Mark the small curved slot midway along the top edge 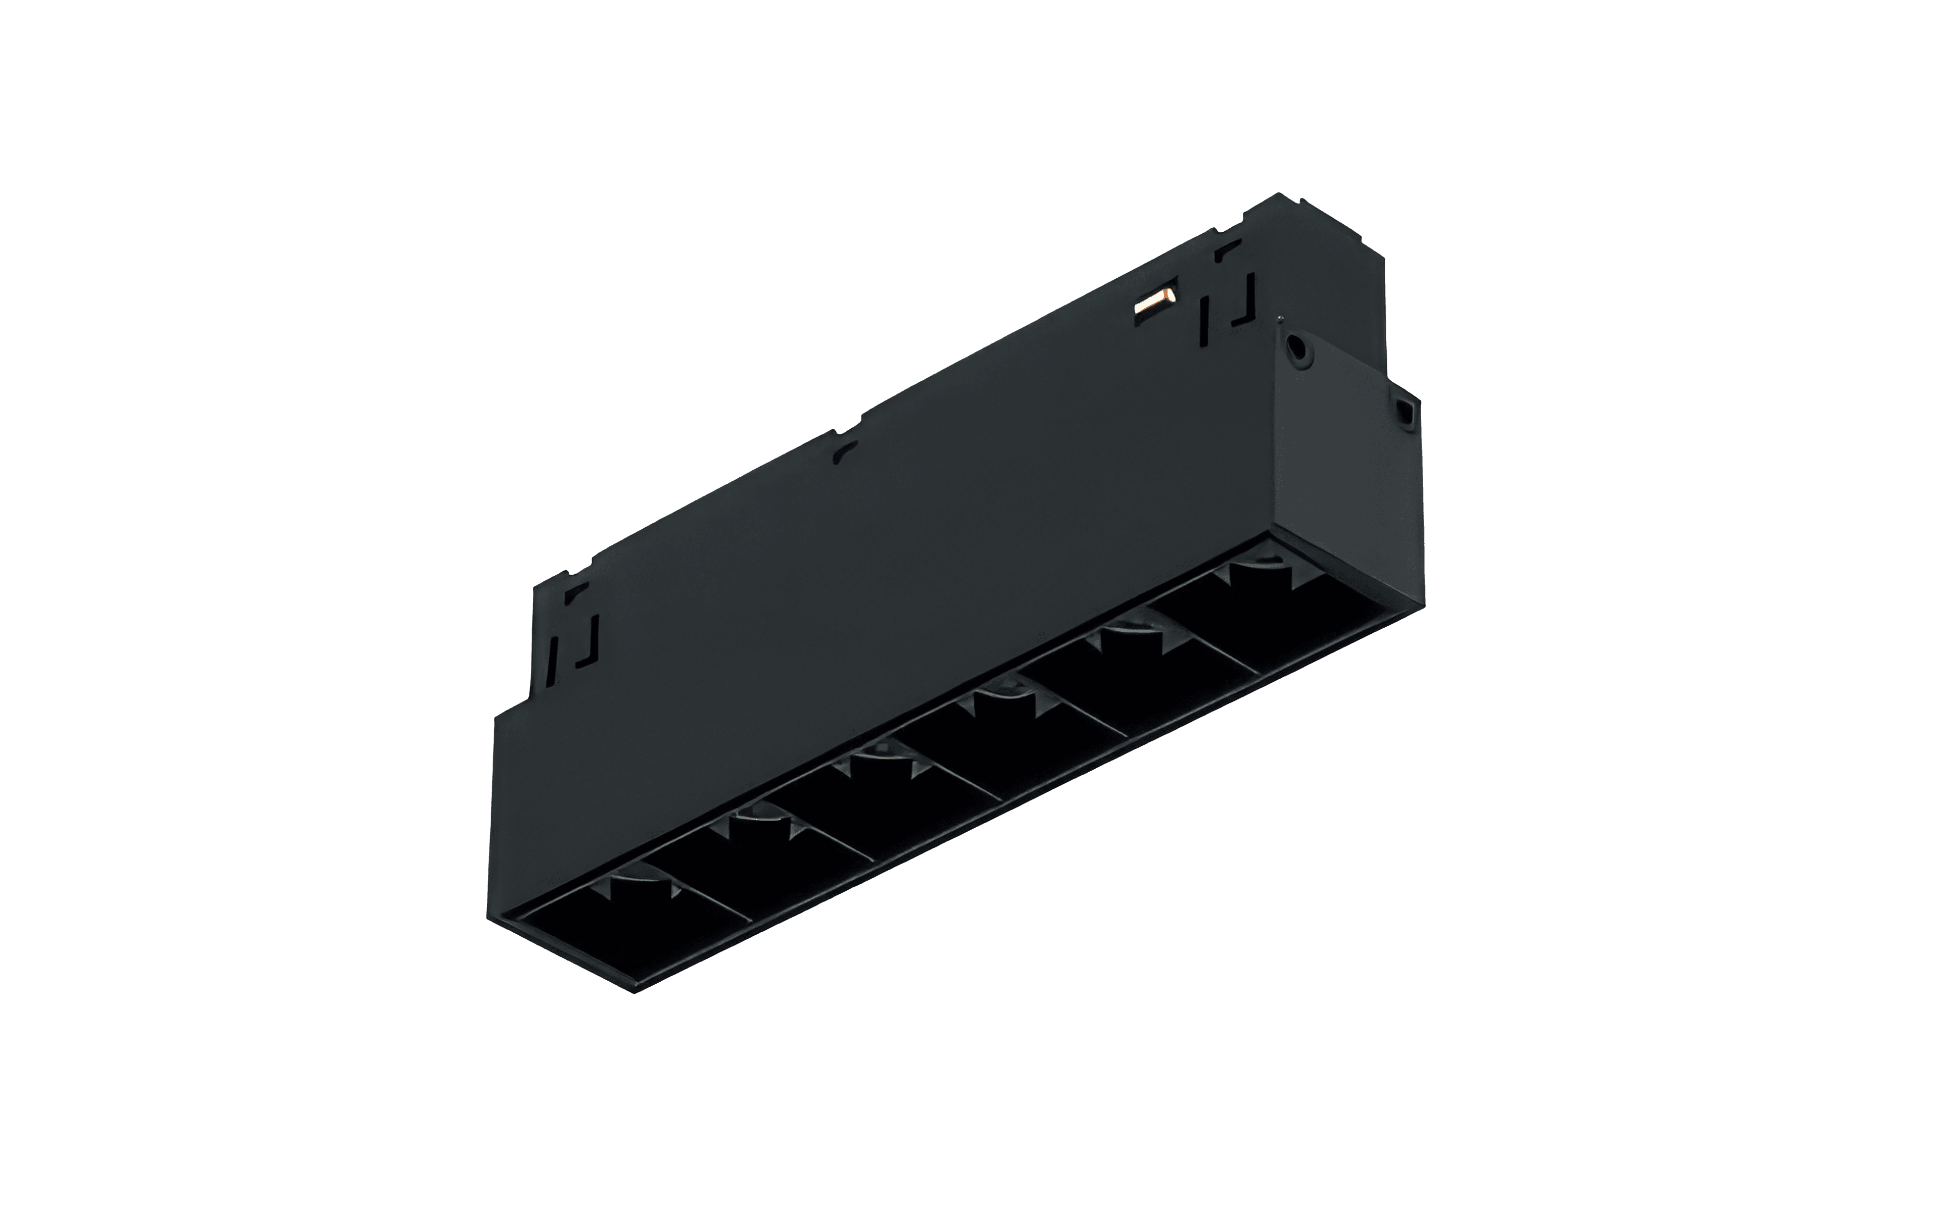[x=844, y=453]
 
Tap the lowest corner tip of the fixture [x=635, y=991]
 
